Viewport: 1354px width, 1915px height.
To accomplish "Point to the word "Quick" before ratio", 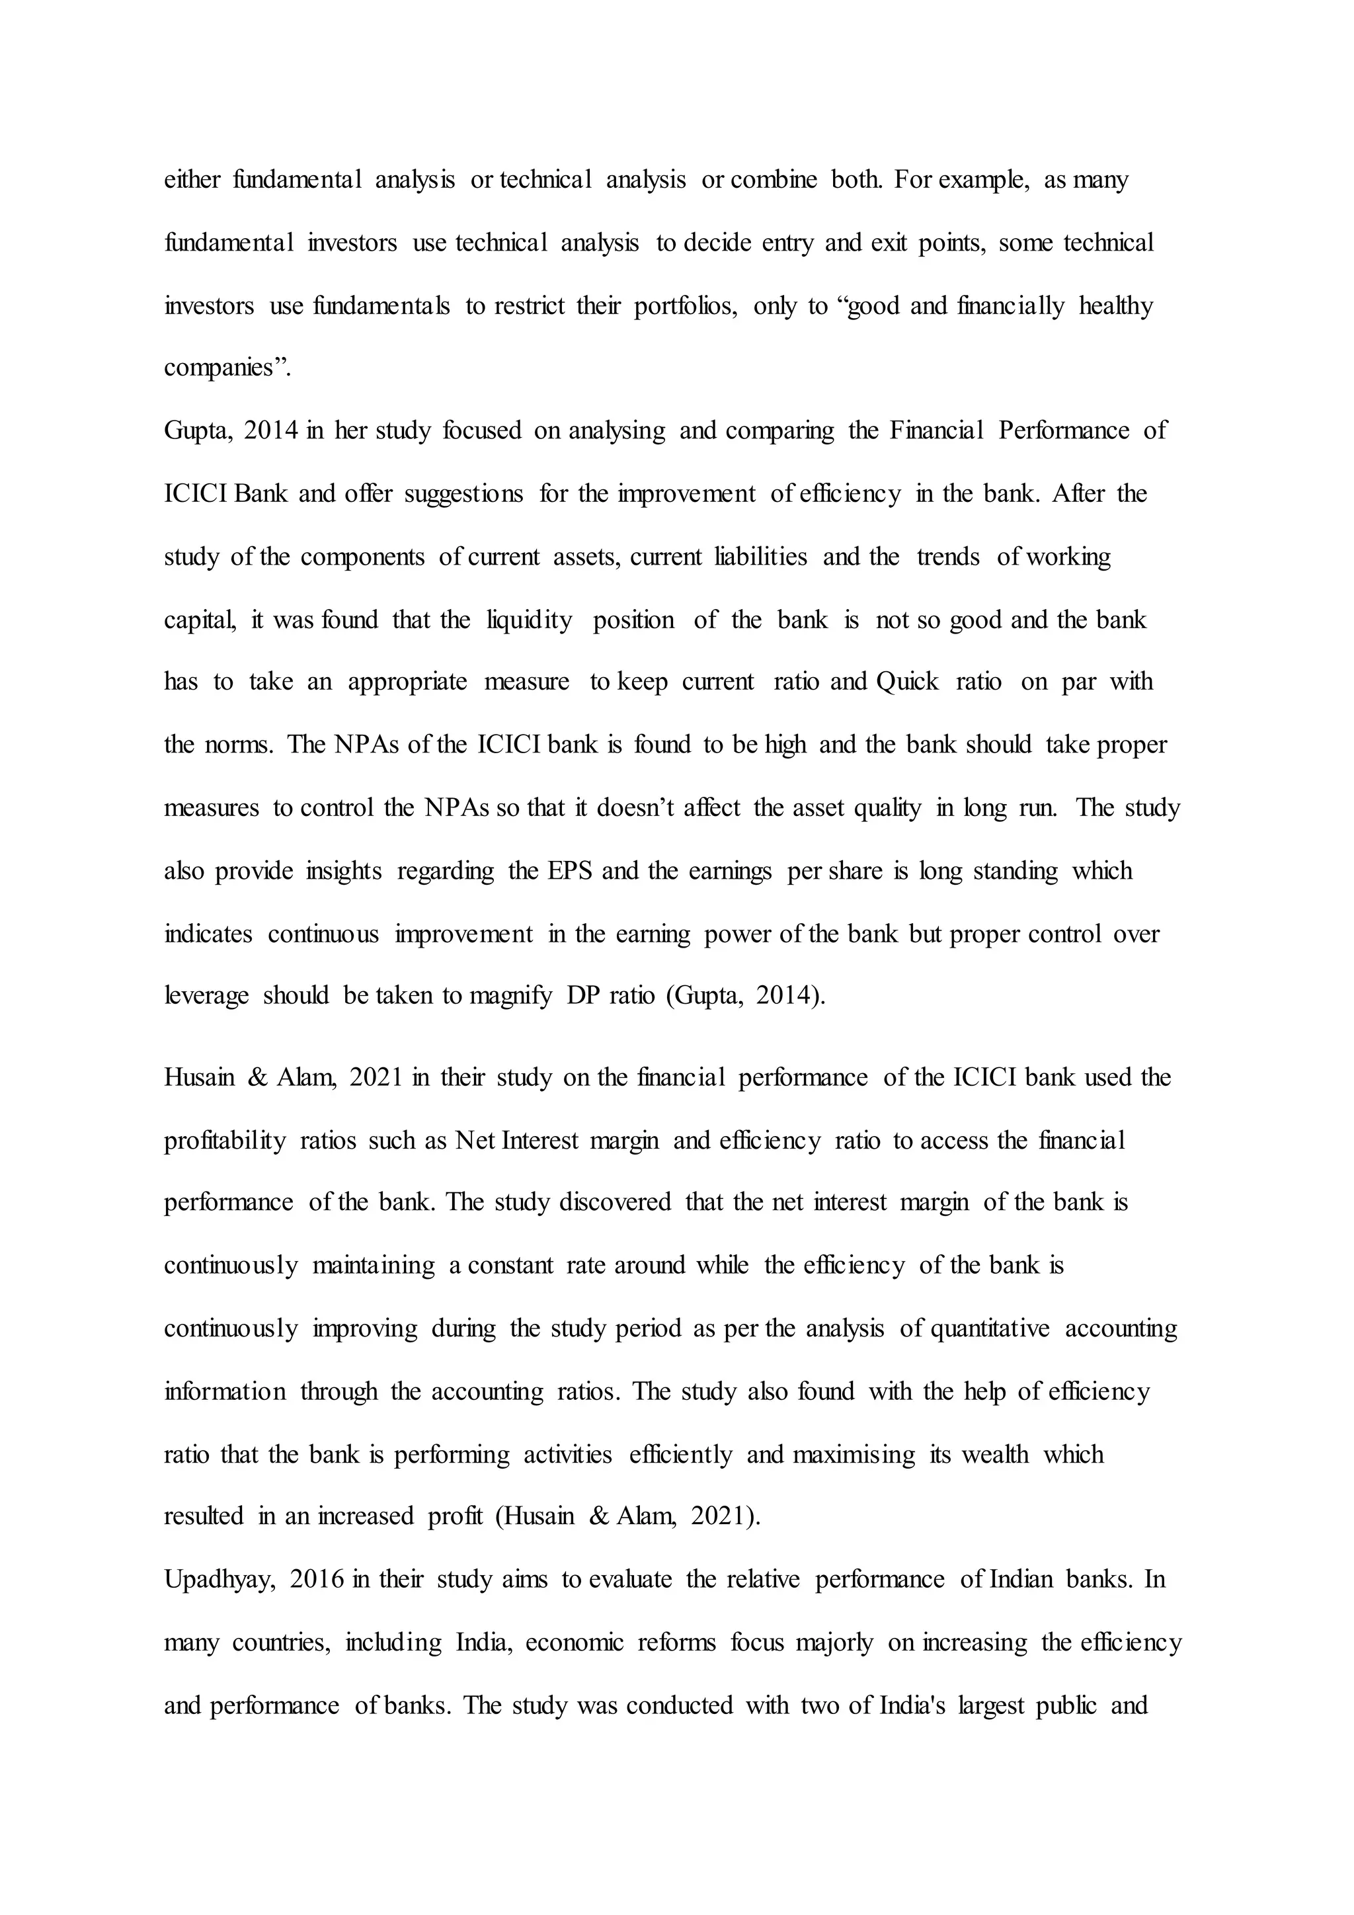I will (x=907, y=682).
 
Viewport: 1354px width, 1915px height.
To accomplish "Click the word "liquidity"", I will (x=530, y=620).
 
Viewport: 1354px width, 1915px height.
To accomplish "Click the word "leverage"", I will (x=206, y=996).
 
